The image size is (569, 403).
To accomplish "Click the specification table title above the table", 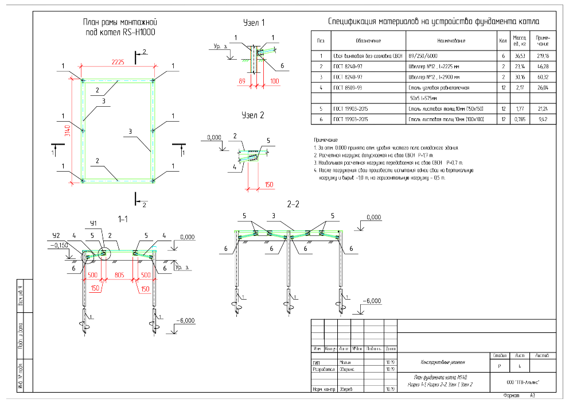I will pos(433,21).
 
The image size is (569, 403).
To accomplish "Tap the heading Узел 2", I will pos(253,115).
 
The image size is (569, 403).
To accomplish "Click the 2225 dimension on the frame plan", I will pos(118,62).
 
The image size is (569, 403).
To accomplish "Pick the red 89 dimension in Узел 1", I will pos(242,82).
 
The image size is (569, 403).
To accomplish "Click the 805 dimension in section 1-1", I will pos(118,274).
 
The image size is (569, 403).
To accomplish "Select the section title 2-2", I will pos(294,204).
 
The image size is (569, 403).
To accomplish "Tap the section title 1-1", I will pos(122,219).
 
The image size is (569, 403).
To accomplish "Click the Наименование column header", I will pos(451,41).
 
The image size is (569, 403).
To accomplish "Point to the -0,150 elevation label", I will pos(59,245).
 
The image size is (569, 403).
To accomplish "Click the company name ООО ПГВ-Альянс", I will pos(523,382).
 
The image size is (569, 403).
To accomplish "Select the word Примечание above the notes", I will pos(325,140).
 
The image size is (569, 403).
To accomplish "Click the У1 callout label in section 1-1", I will pos(93,223).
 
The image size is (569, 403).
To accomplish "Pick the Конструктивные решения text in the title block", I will pos(442,362).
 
